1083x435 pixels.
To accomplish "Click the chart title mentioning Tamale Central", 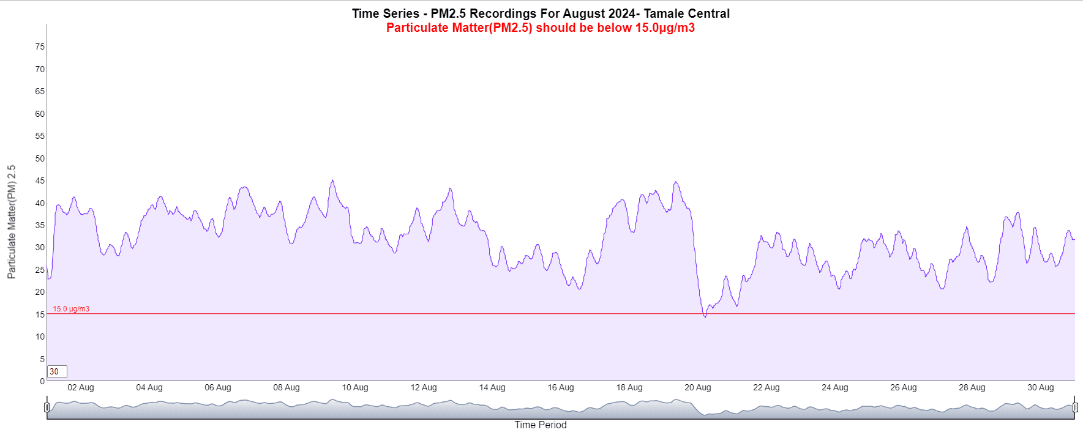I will [x=541, y=13].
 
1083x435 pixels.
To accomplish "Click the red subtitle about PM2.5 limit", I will [x=541, y=28].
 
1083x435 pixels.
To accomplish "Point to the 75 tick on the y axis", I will [x=40, y=47].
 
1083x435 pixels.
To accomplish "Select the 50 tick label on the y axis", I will [x=40, y=158].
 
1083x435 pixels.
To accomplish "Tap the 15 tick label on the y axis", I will [x=40, y=314].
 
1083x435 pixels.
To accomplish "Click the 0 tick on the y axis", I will [x=42, y=381].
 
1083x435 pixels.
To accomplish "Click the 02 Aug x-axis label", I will [x=81, y=387].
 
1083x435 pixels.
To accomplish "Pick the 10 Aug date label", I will [x=355, y=387].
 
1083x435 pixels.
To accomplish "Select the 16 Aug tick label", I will [x=561, y=387].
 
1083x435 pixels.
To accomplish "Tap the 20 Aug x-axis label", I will [x=698, y=387].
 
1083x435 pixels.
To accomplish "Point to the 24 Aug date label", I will [x=835, y=387].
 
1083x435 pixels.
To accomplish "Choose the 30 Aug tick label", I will [x=1041, y=387].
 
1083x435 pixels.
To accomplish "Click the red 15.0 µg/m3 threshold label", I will [x=71, y=309].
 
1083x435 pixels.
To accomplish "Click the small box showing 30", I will [x=57, y=371].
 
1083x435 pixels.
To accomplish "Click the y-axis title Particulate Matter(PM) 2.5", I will [x=12, y=221].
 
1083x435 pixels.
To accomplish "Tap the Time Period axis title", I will [x=541, y=425].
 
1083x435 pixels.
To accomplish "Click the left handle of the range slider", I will [x=47, y=407].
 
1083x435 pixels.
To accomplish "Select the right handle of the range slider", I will [x=1075, y=407].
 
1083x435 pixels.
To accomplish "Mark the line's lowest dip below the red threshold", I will [x=705, y=317].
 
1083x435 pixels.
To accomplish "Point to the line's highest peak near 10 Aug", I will [x=332, y=180].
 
